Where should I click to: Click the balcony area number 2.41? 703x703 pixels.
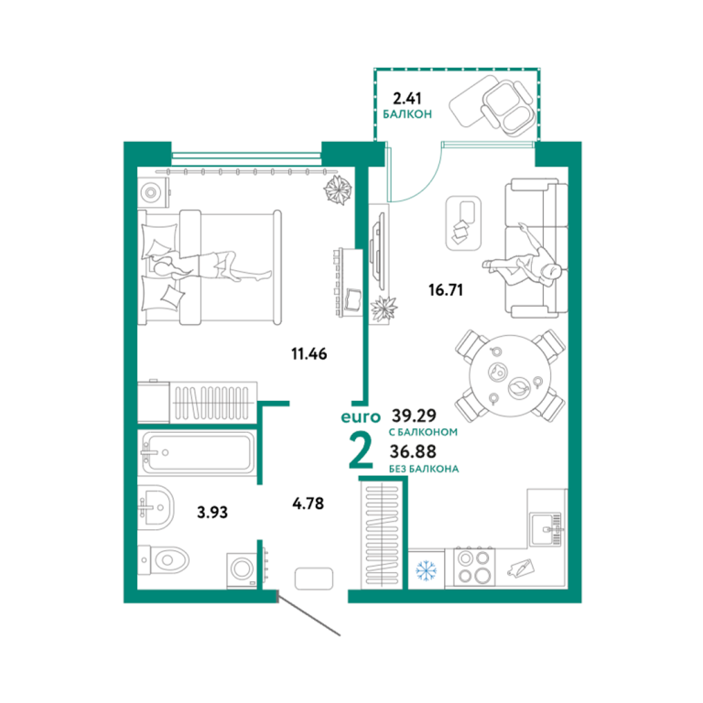(407, 98)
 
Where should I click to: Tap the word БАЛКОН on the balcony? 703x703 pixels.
(407, 114)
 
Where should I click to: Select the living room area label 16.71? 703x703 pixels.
(446, 290)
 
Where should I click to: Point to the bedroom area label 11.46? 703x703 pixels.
(309, 353)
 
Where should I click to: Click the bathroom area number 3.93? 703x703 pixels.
(212, 512)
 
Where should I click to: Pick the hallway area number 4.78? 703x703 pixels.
(308, 503)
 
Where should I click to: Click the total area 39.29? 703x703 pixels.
(414, 416)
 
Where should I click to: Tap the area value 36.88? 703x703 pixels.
(413, 451)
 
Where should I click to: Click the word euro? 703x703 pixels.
(361, 417)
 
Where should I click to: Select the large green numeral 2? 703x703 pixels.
(361, 451)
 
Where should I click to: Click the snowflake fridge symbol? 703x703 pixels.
(426, 569)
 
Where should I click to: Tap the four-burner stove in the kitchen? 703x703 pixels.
(474, 567)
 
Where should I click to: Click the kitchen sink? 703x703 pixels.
(546, 529)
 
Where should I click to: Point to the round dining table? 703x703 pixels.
(510, 375)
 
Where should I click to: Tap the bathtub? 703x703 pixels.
(198, 452)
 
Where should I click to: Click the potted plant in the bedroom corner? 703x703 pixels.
(337, 189)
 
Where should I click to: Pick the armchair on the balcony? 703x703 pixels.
(508, 108)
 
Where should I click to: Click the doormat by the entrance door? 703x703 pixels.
(314, 579)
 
